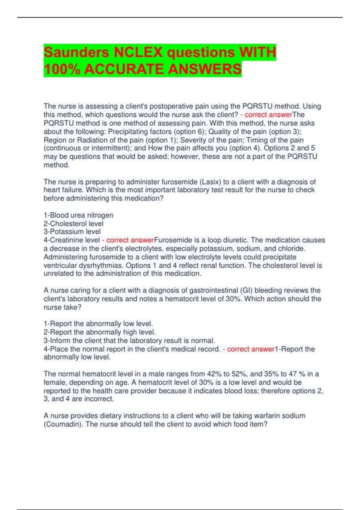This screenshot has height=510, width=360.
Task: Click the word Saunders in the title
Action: [x=76, y=52]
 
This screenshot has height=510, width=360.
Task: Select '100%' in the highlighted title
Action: [x=62, y=69]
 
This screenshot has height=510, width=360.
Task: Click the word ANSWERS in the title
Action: [x=205, y=69]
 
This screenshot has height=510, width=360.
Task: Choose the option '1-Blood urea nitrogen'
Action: [x=78, y=215]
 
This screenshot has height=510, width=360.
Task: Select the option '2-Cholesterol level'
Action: [x=73, y=223]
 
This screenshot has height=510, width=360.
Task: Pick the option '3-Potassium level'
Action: [x=72, y=232]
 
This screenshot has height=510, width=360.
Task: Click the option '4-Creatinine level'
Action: [x=72, y=240]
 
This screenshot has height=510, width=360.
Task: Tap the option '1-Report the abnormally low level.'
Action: [x=98, y=324]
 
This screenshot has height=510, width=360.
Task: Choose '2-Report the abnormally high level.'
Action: [x=100, y=332]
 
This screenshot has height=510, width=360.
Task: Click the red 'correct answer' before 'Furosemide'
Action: [x=130, y=240]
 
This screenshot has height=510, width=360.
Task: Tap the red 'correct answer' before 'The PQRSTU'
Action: [x=268, y=115]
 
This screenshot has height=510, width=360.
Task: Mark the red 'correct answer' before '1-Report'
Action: [x=251, y=349]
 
